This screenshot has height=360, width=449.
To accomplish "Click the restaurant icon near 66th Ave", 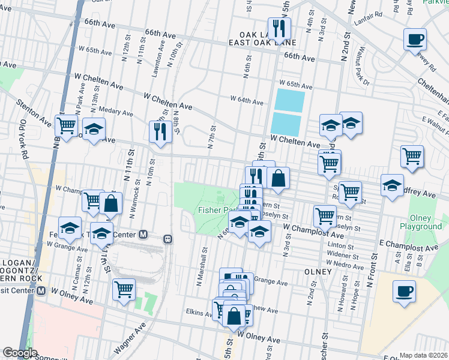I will pyautogui.click(x=279, y=28).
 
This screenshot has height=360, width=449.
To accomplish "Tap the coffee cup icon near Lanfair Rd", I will pyautogui.click(x=415, y=39).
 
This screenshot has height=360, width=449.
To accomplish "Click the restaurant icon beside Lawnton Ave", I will pyautogui.click(x=160, y=131).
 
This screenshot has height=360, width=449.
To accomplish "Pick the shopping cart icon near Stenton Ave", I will pyautogui.click(x=67, y=125).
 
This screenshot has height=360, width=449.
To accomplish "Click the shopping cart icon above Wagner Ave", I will pyautogui.click(x=124, y=289).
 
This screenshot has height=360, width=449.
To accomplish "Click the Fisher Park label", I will pyautogui.click(x=213, y=210).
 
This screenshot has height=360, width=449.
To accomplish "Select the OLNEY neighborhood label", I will pyautogui.click(x=318, y=271).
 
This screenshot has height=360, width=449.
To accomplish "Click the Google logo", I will pyautogui.click(x=20, y=353).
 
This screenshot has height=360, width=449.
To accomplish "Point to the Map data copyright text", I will pyautogui.click(x=423, y=355).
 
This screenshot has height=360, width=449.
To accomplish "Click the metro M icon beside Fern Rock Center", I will pyautogui.click(x=143, y=234).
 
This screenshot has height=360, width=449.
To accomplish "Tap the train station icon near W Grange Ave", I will pyautogui.click(x=169, y=238).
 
